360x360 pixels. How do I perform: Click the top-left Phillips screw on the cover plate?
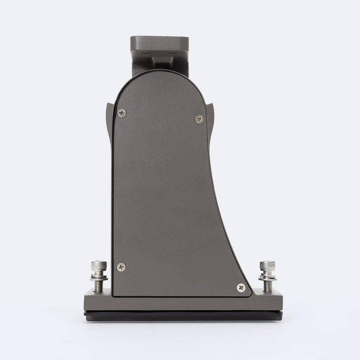[x=121, y=113]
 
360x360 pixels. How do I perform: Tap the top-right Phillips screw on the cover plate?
[x=200, y=119]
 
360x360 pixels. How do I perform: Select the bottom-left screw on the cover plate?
[x=121, y=267]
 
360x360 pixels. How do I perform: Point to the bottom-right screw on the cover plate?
[x=241, y=287]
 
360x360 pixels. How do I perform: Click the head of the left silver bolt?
[x=99, y=266]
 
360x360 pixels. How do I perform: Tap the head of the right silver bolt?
[x=267, y=266]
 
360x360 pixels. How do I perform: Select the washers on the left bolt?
[x=99, y=276]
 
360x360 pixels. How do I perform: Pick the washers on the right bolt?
[x=267, y=276]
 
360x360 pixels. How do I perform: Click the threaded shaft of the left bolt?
[x=99, y=285]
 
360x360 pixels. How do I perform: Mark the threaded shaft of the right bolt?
[x=267, y=285]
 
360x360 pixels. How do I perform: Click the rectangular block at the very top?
[x=159, y=43]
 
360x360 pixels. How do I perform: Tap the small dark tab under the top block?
[x=163, y=61]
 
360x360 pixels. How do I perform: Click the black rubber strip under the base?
[x=183, y=316]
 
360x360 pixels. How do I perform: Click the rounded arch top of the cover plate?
[x=159, y=77]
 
